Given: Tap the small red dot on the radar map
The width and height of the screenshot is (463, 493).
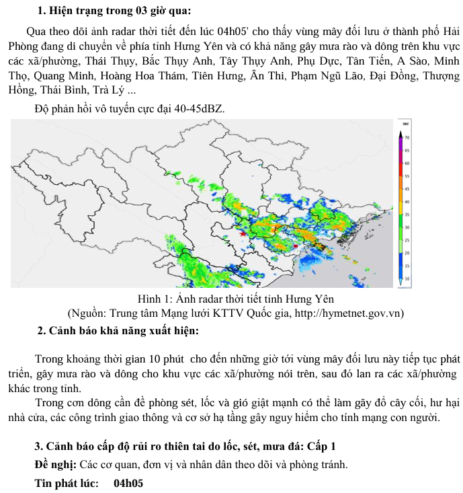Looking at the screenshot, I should pos(294,248).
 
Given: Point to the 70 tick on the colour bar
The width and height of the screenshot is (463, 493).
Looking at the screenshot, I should pos(407,137).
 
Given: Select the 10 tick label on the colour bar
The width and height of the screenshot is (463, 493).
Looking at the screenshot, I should pos(407,278).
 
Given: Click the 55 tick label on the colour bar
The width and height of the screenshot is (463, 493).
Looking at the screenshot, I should pos(407,176).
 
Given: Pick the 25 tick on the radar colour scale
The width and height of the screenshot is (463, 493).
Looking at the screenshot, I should pos(407,239).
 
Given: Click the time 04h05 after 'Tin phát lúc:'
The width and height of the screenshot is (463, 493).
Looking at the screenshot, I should pos(128,483).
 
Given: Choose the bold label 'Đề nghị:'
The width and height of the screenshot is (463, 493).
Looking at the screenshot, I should pos(56,465).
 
